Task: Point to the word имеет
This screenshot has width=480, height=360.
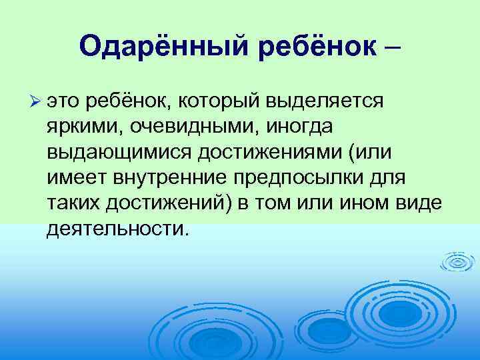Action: coord(74,177)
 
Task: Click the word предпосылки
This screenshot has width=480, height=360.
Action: coord(303,177)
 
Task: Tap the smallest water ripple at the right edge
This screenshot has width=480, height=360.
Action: coord(458,262)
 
